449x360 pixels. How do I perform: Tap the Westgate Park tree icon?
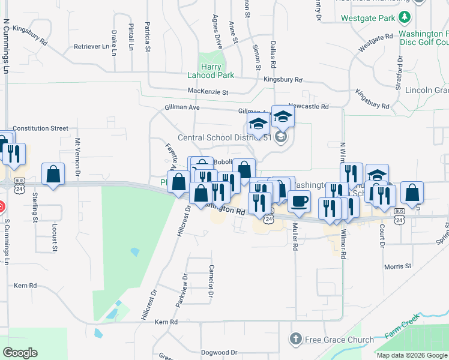point(405,17)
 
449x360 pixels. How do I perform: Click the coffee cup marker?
point(299,201)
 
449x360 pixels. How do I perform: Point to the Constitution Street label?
point(41,128)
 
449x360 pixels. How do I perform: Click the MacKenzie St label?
point(208,92)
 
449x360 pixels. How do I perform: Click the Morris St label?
point(398,266)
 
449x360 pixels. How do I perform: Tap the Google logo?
point(20,353)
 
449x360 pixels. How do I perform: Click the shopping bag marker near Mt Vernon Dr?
point(53,174)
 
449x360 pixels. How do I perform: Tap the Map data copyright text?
point(412,355)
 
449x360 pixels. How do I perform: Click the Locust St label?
point(55,236)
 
